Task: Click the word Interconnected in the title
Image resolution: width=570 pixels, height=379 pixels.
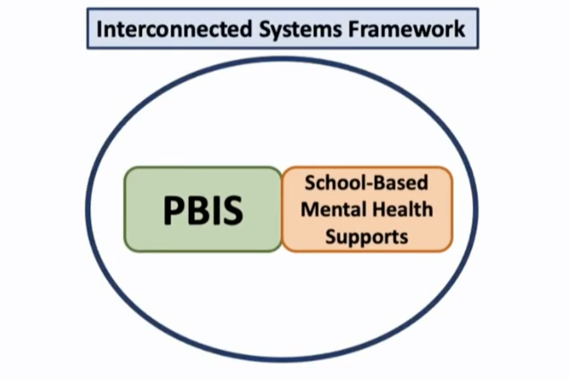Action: point(174,29)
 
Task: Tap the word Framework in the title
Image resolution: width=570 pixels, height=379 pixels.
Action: point(406,29)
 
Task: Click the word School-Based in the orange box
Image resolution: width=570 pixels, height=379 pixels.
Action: point(366,183)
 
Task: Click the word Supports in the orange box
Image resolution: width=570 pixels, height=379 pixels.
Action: point(366,237)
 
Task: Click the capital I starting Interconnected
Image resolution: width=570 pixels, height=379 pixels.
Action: point(99,29)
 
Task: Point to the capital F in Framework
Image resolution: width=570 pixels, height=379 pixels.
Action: point(353,29)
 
